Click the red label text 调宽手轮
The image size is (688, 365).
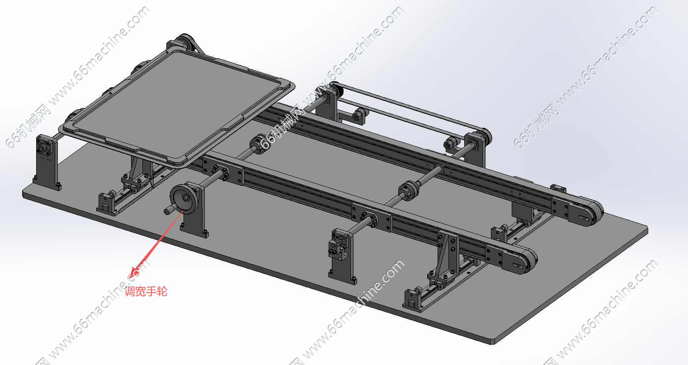pyautogui.click(x=146, y=291)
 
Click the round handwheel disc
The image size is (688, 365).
pyautogui.click(x=184, y=199)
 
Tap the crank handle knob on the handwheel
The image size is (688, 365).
pyautogui.click(x=169, y=211)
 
